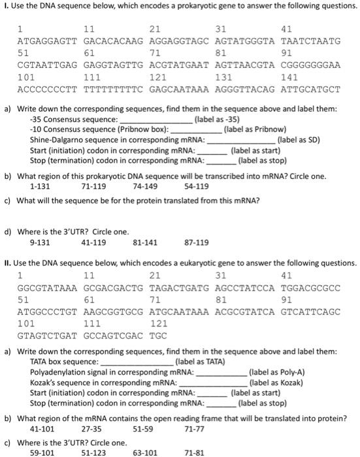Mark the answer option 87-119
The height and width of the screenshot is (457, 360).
tap(197, 242)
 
